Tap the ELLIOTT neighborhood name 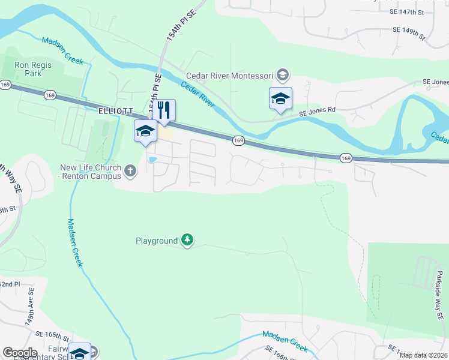115,111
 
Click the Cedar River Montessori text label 229,76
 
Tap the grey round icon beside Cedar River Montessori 283,76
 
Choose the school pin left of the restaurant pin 145,131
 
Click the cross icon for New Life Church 130,172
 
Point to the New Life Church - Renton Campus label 90,172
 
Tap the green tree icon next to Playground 188,241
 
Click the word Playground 156,241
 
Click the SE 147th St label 406,11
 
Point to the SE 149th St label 408,32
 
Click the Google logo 20,353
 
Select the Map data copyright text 424,355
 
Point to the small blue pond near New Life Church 152,160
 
